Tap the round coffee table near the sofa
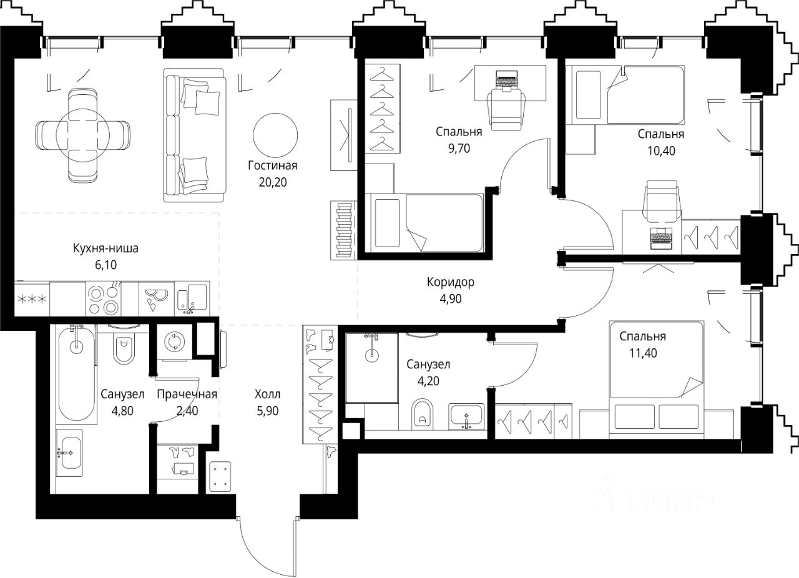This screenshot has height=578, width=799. (275, 135)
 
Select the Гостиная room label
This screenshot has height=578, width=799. (273, 165)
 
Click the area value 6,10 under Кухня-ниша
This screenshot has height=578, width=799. (106, 265)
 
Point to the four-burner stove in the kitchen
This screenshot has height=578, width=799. (103, 298)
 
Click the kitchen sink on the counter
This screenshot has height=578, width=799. (192, 298)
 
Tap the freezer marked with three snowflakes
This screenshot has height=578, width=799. (32, 299)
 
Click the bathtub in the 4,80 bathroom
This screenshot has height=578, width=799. (76, 374)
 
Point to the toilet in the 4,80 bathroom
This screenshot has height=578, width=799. (124, 347)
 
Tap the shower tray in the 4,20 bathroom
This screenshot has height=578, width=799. (371, 368)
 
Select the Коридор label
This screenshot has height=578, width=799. (451, 282)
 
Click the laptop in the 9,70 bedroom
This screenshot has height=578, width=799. (506, 81)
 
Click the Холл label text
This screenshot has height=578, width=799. (268, 394)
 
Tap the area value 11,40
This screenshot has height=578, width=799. (643, 353)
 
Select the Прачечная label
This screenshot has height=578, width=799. (187, 394)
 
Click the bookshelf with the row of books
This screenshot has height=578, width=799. (343, 230)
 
